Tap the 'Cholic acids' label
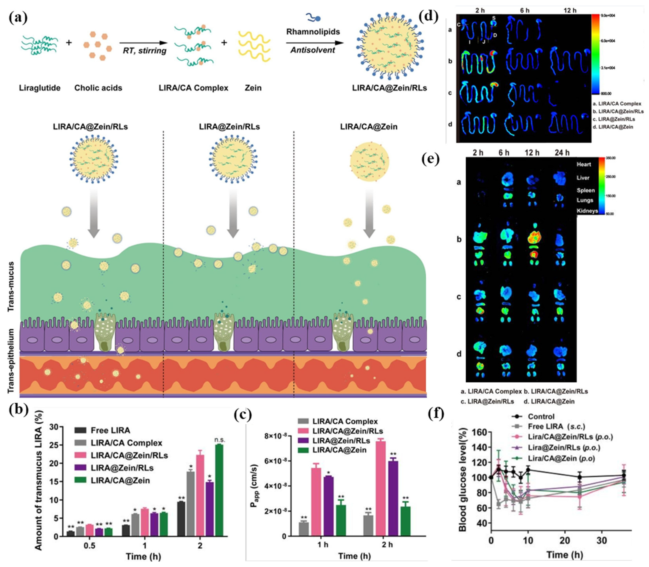(x=98, y=88)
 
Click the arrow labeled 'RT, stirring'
(x=144, y=43)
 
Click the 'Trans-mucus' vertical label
(x=11, y=286)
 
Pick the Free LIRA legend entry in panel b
(x=110, y=430)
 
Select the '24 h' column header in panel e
(x=562, y=153)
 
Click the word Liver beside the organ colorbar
(x=583, y=178)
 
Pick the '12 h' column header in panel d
(x=570, y=10)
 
